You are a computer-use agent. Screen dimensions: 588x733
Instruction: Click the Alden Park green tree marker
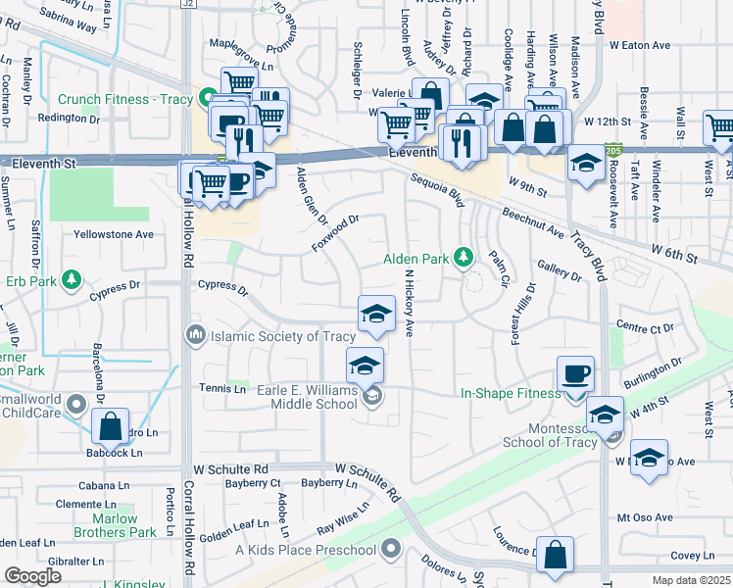[465, 259]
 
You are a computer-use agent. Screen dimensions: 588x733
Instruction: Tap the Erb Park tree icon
[71, 281]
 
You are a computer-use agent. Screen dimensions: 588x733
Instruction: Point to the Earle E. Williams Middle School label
[307, 397]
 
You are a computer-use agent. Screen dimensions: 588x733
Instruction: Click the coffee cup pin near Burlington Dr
[575, 374]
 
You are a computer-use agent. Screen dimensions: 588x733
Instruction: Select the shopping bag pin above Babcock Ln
[110, 427]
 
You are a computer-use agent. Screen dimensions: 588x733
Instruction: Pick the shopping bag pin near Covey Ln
[556, 555]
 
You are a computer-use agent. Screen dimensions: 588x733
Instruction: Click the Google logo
[33, 575]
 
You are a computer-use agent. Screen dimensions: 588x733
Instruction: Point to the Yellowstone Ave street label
[115, 234]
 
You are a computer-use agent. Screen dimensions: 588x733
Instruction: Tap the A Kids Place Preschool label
[305, 551]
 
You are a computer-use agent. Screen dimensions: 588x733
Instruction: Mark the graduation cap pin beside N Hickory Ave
[375, 314]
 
